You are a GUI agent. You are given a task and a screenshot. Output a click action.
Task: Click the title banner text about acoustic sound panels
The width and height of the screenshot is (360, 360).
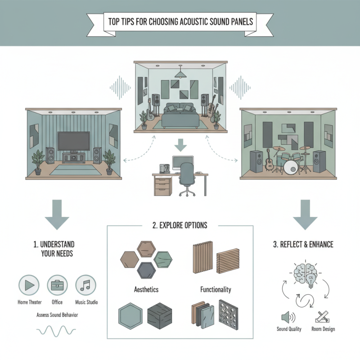click(180, 21)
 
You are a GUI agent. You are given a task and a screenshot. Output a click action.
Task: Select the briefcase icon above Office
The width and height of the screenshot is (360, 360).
click(57, 285)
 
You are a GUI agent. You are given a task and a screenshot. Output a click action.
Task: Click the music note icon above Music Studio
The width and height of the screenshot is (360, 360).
click(85, 285)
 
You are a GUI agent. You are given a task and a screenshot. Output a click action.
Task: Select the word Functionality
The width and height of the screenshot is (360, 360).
click(216, 290)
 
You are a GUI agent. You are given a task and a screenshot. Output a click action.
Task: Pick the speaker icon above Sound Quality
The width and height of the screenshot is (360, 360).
click(287, 317)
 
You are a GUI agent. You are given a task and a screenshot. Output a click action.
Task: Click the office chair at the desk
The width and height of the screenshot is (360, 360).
click(185, 180)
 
